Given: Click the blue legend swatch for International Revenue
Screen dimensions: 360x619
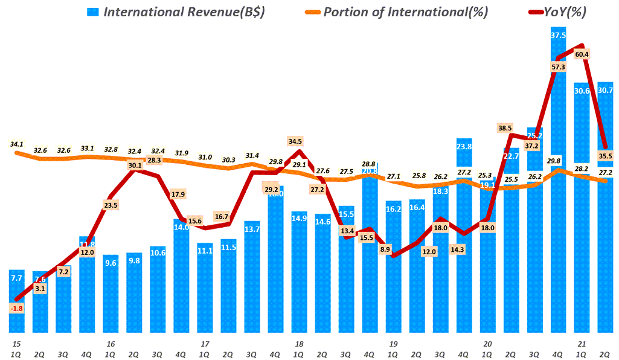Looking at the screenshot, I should tap(93, 12).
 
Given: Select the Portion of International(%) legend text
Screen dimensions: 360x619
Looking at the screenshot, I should tap(406, 12).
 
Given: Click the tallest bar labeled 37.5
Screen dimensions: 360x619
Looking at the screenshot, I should tap(558, 181).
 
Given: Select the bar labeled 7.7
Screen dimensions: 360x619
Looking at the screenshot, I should tap(18, 302).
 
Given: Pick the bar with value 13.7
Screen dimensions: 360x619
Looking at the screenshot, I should tap(252, 278).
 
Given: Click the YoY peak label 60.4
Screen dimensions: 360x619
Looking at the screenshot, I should tap(582, 54).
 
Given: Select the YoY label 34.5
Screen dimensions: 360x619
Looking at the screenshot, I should tap(295, 141).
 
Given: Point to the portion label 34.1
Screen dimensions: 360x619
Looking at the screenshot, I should tap(18, 144).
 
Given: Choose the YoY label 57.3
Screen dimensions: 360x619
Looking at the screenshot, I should tap(558, 67).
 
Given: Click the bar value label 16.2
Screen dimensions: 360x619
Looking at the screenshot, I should tap(394, 209).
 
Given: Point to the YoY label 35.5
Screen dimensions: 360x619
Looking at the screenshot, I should tap(605, 155).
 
